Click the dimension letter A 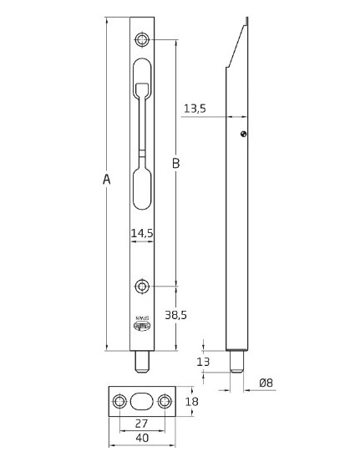coord(104,179)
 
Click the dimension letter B coord(175,164)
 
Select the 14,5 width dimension coord(143,234)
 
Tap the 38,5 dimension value coord(176,316)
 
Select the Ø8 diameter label coord(266,383)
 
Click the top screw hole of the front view coord(143,40)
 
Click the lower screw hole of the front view coord(143,287)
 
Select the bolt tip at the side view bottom coord(238,360)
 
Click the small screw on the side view coord(243,135)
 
